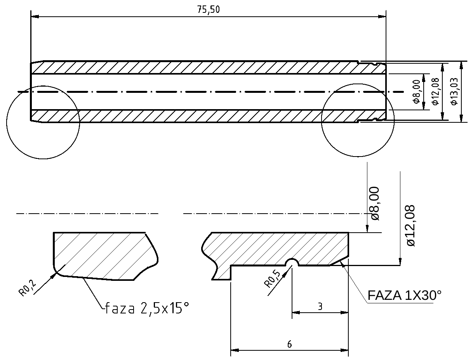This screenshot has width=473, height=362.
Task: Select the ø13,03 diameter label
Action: point(454,92)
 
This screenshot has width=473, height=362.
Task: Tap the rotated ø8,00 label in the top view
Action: point(417,92)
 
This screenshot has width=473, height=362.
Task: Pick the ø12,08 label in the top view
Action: point(435,92)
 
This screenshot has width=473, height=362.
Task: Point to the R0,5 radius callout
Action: point(272,278)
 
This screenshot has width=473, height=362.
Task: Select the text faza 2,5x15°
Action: point(147,309)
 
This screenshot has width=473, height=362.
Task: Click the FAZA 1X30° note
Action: point(404,296)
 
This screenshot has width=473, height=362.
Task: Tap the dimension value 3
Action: point(320,307)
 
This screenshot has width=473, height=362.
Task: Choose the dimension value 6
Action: point(289,344)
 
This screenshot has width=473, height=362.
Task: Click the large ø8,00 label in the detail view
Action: point(375,204)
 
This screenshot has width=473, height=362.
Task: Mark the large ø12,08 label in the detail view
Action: point(410,225)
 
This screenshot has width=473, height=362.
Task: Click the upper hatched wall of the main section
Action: point(194,68)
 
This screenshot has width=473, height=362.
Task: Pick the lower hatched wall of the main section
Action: point(194,116)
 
